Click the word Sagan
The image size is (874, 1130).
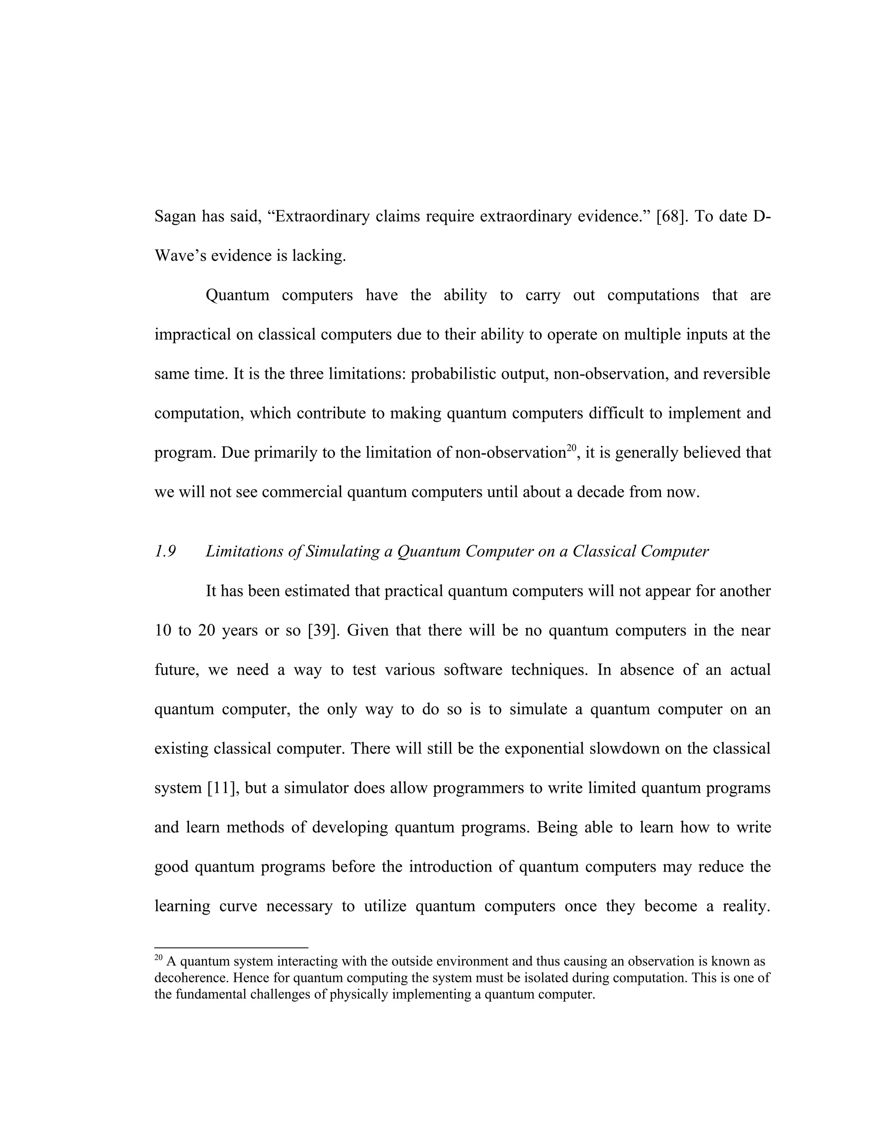(x=175, y=216)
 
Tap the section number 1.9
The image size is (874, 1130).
(x=165, y=551)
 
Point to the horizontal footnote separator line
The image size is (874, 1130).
(x=231, y=947)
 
